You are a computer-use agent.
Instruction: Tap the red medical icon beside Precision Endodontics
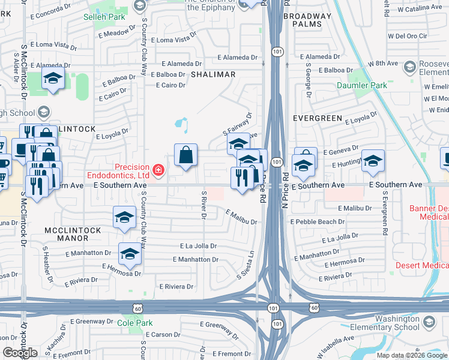pyautogui.click(x=158, y=171)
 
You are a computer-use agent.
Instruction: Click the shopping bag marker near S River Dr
pyautogui.click(x=186, y=155)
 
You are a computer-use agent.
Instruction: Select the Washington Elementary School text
pyautogui.click(x=389, y=323)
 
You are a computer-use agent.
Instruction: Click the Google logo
pyautogui.click(x=20, y=353)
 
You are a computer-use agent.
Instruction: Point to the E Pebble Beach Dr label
pyautogui.click(x=318, y=221)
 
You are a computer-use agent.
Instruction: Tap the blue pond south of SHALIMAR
pyautogui.click(x=181, y=124)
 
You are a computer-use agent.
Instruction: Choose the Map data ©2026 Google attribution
pyautogui.click(x=412, y=355)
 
